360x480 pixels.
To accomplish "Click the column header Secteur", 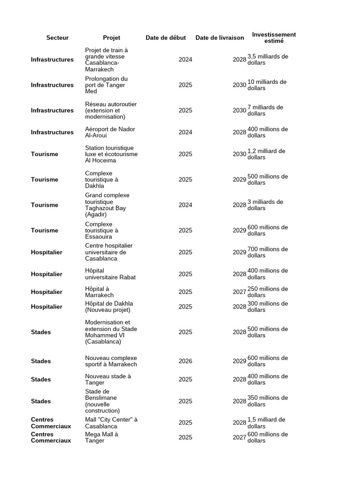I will (x=57, y=37).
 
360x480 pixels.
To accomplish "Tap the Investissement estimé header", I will (x=274, y=37).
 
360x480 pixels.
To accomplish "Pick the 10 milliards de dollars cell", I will (x=267, y=85).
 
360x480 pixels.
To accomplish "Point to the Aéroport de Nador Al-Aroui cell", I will (x=110, y=132).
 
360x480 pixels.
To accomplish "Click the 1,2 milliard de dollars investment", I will (x=266, y=154).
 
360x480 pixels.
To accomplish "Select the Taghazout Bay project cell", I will (x=107, y=205).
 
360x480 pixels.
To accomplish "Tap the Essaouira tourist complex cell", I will (x=102, y=230).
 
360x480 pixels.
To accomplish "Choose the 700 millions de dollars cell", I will (x=268, y=252).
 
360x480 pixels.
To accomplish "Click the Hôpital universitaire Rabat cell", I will (x=110, y=274).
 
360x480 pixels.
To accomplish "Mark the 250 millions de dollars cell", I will (x=268, y=292).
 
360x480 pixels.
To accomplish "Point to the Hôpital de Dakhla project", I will (x=108, y=307).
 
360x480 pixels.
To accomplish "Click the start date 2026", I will (x=185, y=361).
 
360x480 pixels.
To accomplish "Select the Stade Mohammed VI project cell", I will (x=111, y=332).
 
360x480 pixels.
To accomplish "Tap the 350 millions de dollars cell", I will (x=268, y=401).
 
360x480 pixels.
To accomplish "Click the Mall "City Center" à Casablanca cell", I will (x=111, y=423).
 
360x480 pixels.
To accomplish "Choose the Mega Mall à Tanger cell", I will (x=102, y=437).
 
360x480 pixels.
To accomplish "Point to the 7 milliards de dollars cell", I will (x=265, y=110).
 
